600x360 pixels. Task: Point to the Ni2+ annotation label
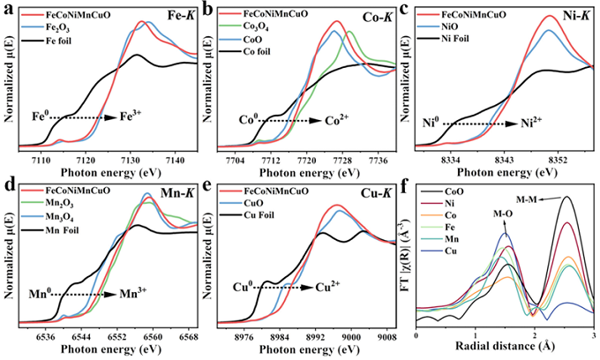click(x=532, y=124)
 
